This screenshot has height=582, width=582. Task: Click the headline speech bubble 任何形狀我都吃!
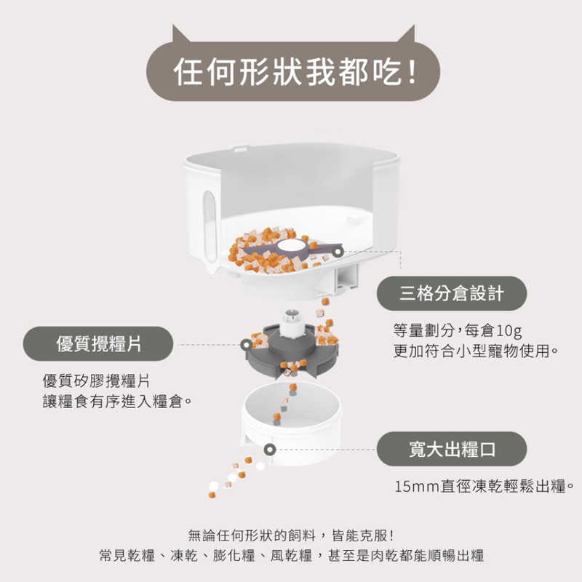[291, 72]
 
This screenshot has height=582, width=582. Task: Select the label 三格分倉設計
[452, 293]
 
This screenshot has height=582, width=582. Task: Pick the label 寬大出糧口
[452, 449]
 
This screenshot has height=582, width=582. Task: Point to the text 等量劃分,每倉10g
[458, 331]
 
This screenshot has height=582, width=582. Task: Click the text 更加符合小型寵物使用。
[476, 351]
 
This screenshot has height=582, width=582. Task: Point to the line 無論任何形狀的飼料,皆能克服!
[291, 535]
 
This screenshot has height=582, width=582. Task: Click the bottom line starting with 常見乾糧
[291, 556]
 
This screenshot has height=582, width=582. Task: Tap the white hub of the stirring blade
[295, 245]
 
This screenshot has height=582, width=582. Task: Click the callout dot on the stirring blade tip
[337, 251]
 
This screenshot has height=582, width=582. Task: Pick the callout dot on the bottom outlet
[270, 449]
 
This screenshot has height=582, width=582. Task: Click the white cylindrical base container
[306, 429]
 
